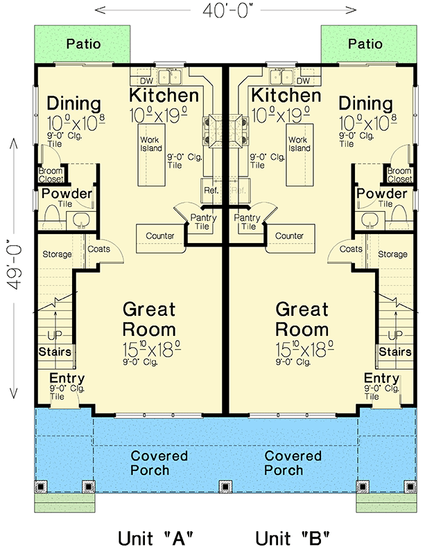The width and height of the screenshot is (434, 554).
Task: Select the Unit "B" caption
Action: point(292,537)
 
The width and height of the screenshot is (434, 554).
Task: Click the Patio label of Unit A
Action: point(83,44)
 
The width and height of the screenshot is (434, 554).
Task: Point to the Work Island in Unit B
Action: point(299,143)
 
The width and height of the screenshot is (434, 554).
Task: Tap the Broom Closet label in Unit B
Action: point(399,175)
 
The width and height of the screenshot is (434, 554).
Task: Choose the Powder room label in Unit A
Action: point(67,193)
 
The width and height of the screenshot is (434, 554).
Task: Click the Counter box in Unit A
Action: point(159,236)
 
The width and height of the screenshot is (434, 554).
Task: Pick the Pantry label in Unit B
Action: point(247,222)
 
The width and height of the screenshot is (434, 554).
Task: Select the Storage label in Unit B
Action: point(392,254)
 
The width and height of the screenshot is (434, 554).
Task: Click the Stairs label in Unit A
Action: point(55,352)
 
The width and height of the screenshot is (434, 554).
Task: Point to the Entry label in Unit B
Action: point(381,378)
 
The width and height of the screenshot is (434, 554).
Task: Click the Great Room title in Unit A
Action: point(149,318)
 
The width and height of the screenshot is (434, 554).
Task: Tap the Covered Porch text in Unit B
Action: point(293,463)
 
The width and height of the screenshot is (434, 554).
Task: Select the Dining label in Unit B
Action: point(366,104)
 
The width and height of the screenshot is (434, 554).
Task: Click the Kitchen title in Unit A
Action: point(164,96)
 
